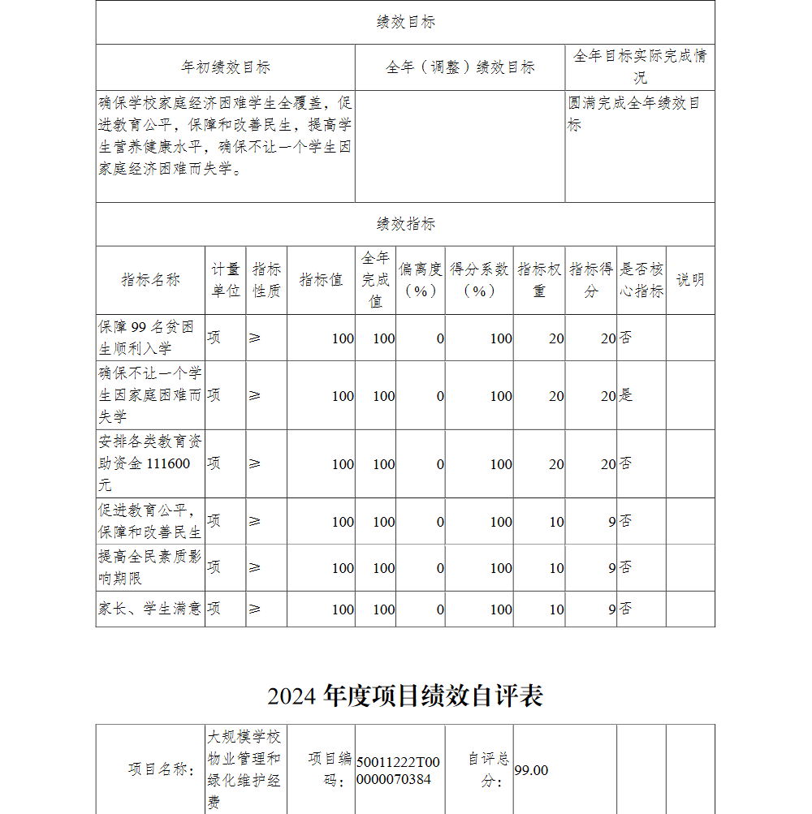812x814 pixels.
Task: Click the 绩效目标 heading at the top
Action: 405,23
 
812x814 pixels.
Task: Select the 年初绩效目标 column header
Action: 225,67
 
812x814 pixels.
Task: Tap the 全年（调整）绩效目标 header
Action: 460,67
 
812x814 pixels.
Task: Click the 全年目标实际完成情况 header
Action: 640,67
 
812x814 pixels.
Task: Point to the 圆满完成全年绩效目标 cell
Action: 634,114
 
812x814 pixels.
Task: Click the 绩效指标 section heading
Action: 405,224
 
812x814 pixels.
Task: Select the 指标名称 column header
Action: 151,280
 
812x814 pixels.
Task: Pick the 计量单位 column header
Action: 226,280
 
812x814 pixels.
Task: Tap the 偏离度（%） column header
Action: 421,280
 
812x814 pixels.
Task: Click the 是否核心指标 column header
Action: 641,280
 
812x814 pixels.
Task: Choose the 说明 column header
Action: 690,280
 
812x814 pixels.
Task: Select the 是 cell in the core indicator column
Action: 626,395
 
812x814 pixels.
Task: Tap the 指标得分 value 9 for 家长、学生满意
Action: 611,609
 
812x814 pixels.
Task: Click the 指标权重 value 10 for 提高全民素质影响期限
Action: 555,568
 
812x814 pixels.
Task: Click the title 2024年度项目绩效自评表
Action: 405,696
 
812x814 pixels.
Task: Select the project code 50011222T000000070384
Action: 398,770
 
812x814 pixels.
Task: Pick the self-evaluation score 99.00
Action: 531,770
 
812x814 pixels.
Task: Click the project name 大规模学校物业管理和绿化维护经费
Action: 244,770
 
